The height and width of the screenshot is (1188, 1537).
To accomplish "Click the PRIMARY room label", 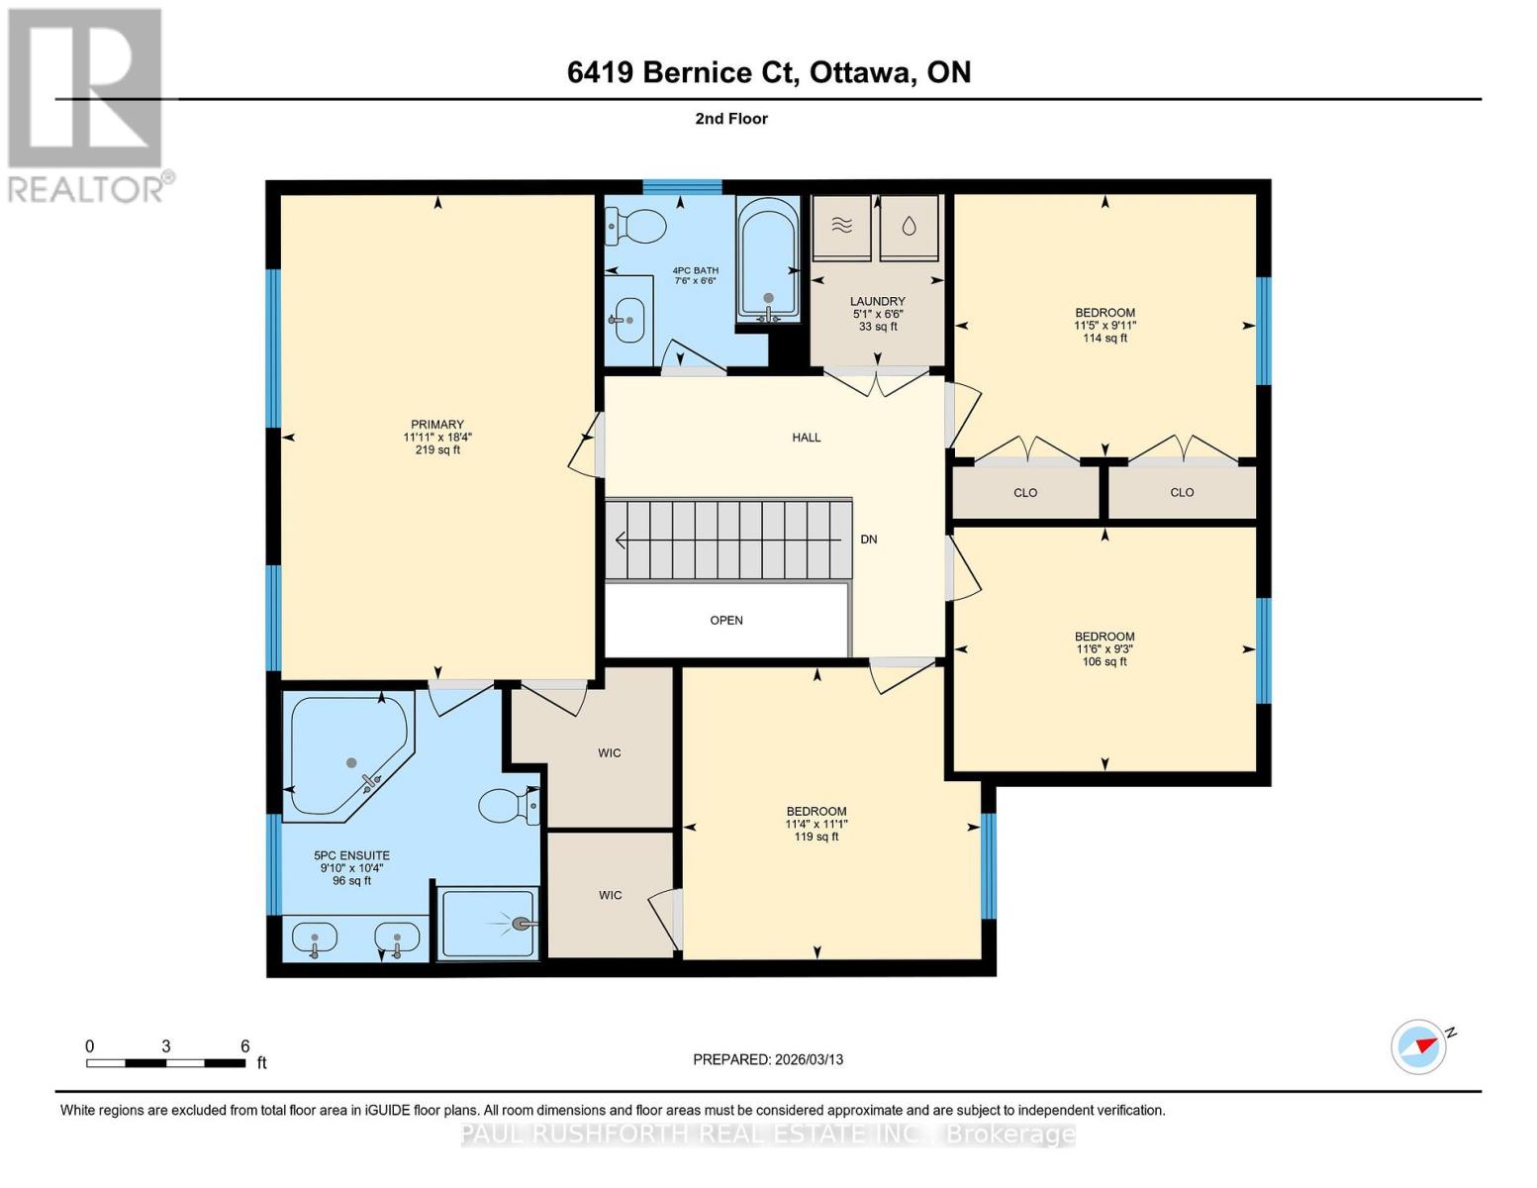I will (437, 425).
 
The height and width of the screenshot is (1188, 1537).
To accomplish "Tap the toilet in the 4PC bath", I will (636, 227).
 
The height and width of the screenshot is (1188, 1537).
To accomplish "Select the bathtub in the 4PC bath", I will (768, 259).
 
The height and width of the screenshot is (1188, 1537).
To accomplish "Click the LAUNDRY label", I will (877, 301).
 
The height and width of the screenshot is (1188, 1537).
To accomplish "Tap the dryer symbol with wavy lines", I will (841, 227).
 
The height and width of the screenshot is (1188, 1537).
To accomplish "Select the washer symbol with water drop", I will (909, 227).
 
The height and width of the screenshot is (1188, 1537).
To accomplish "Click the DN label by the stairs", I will (869, 540).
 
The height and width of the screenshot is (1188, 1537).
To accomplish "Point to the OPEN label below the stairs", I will (726, 621).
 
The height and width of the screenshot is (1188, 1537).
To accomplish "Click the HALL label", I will (806, 438).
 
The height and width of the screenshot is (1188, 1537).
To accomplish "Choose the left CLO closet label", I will (1025, 492).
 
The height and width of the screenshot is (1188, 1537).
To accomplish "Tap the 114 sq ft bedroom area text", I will (1105, 339).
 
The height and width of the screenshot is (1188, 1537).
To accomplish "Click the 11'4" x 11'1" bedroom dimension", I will (817, 824).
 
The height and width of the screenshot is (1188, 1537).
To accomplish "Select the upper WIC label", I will (610, 753).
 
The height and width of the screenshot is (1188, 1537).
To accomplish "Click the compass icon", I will (1418, 1046).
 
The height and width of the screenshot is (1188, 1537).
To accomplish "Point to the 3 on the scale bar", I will (166, 1046).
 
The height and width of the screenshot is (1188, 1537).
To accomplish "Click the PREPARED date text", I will (768, 1059).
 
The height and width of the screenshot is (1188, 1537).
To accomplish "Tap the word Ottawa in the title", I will (861, 72).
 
